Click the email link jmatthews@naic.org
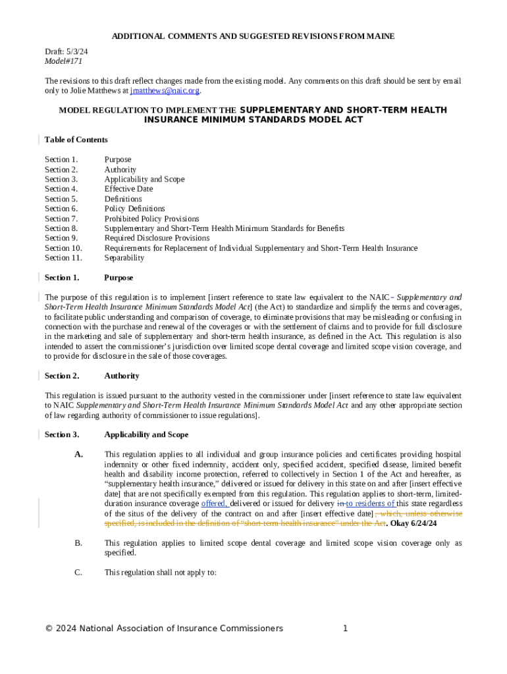click(x=165, y=91)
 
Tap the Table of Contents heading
click(x=76, y=140)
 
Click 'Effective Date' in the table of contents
click(x=128, y=189)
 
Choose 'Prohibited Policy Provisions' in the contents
click(x=151, y=219)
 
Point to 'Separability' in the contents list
click(x=124, y=258)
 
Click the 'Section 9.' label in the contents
click(x=61, y=238)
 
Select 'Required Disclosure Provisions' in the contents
click(x=157, y=238)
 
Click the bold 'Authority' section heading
click(x=122, y=376)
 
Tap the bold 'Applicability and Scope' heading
click(x=146, y=434)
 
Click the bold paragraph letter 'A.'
click(x=79, y=454)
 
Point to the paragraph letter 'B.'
click(x=79, y=543)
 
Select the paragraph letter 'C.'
click(x=79, y=573)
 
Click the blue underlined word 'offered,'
click(x=214, y=504)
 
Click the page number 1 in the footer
click(x=345, y=629)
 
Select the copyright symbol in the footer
click(x=49, y=629)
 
